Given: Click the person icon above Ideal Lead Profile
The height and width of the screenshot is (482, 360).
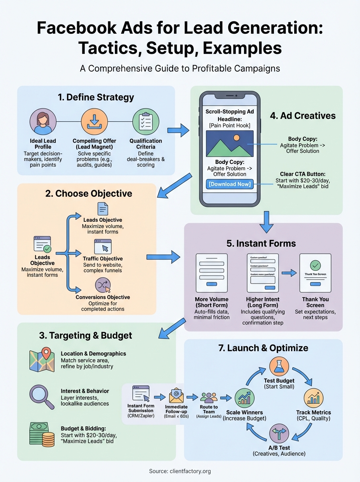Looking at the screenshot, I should coord(43,122).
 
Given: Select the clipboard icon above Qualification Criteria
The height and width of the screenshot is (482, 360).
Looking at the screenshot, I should coord(145,122).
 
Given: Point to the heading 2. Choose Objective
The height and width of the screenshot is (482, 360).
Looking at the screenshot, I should coord(88,193).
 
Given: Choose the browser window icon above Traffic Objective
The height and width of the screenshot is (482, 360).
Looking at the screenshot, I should coord(102,246).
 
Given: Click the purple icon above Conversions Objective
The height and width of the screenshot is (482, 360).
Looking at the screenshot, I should coord(103,286).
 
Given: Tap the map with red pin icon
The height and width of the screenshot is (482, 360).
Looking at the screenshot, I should coord(42,360).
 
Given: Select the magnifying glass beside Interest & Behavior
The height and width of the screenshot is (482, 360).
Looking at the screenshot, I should coord(42,397).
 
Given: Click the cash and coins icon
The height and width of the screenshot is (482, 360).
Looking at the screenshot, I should coord(42,434).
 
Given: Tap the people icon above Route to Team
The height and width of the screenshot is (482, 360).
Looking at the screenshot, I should coord(209,397).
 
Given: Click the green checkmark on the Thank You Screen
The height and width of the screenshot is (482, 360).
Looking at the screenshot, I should coord(315,266).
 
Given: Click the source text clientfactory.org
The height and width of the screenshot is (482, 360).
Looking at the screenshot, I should coord(191,471).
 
